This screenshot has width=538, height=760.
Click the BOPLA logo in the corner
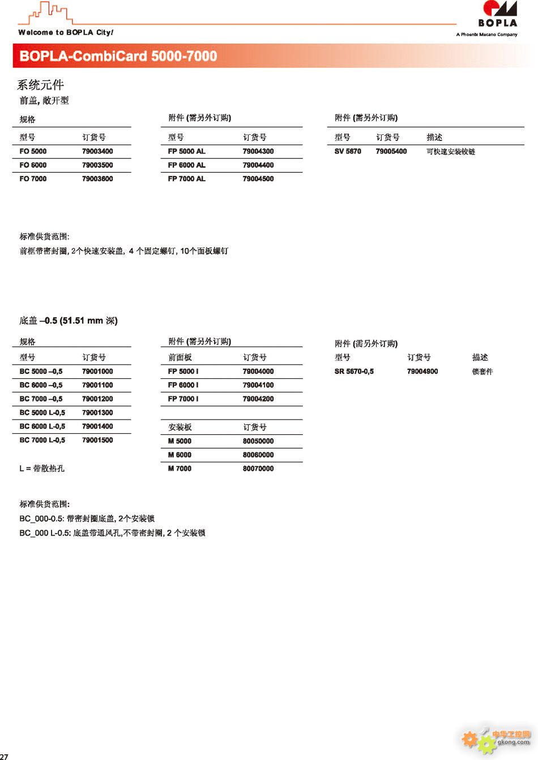[497, 15]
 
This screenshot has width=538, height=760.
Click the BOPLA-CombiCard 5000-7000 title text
[118, 56]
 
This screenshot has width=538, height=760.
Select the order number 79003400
[97, 151]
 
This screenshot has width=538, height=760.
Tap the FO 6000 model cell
[33, 165]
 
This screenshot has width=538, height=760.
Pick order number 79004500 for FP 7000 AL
[258, 178]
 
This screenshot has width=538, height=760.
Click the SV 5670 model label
[348, 151]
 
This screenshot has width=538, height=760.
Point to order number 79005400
[391, 151]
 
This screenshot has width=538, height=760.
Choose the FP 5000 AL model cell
[186, 151]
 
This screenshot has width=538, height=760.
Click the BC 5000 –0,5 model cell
[41, 372]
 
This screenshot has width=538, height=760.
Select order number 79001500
[97, 440]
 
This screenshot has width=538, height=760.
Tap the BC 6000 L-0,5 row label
[42, 426]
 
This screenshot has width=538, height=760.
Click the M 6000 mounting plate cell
[180, 455]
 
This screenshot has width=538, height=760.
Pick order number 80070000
[258, 468]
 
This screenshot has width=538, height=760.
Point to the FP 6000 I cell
[183, 385]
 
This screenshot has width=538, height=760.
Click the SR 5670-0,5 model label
[354, 372]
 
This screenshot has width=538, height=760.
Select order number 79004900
[422, 372]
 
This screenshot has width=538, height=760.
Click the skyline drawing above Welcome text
[48, 13]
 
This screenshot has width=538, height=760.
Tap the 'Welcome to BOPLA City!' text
[66, 32]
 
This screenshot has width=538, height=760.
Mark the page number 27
[4, 756]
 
